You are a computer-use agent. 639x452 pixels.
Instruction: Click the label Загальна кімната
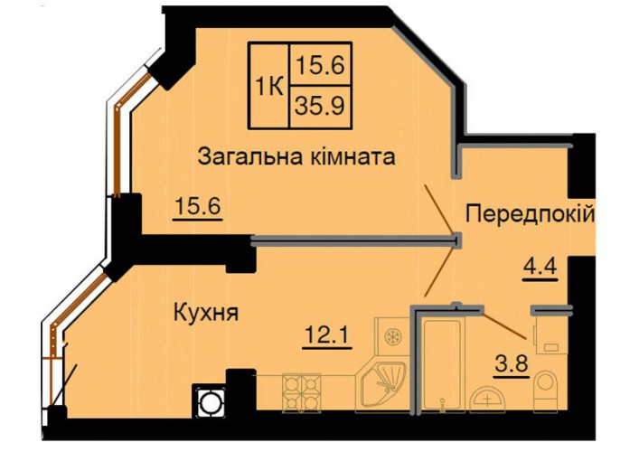[x=296, y=157]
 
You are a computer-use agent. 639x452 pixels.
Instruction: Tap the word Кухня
[x=206, y=314]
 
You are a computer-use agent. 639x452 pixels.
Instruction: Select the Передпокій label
[x=531, y=214]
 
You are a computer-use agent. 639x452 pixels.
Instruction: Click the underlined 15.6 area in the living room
[x=198, y=207]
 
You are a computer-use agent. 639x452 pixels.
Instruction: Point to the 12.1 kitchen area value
[x=327, y=336]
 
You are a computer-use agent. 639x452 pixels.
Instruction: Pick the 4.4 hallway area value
[x=540, y=268]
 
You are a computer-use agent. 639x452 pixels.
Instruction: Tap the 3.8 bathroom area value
[x=512, y=363]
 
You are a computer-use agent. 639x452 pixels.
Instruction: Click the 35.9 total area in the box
[x=320, y=106]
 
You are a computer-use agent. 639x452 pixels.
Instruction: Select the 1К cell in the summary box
[x=269, y=87]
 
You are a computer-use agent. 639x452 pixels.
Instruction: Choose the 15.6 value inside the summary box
[x=320, y=65]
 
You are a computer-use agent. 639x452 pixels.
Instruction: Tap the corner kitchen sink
[x=381, y=385]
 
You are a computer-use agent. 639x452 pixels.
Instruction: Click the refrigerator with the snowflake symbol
[x=392, y=337]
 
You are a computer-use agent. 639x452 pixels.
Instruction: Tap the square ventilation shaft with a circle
[x=211, y=401]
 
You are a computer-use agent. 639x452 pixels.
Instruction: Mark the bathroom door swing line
[x=503, y=325]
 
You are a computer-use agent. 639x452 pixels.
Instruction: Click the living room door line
[x=440, y=210]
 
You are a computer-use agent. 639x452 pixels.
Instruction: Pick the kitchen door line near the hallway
[x=439, y=271]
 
